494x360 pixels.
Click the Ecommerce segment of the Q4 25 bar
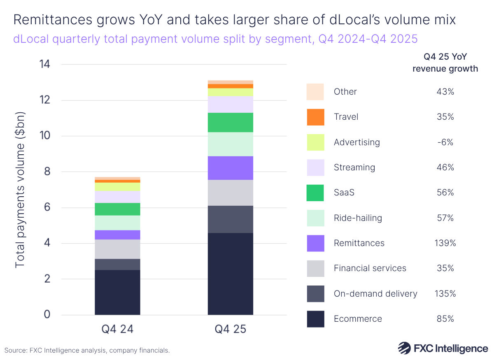(230, 274)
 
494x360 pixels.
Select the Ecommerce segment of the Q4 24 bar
(117, 292)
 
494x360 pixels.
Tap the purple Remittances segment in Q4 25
(230, 168)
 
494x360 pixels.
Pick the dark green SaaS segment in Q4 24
(117, 209)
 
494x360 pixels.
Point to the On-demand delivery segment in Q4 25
(230, 219)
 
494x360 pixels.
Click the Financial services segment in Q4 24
(117, 249)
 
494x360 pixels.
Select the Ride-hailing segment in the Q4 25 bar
(230, 144)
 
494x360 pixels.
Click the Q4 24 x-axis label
(117, 330)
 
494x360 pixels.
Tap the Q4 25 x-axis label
(230, 330)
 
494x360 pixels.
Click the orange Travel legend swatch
(315, 117)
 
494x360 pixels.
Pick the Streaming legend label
(354, 167)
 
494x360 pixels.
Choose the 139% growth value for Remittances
(445, 243)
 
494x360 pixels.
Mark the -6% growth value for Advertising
(445, 142)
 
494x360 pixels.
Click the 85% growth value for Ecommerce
(445, 318)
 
